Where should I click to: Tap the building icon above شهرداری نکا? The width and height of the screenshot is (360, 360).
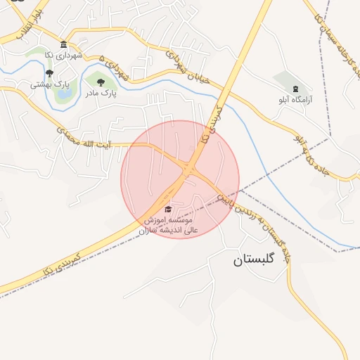coord(64,44)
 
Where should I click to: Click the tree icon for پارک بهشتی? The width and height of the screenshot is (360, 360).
coord(49,73)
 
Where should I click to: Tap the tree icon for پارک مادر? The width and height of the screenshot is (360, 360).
coord(101,82)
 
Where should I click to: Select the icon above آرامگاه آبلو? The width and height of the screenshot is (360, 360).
coord(294,89)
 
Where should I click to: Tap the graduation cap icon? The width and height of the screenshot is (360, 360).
coord(167,209)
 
